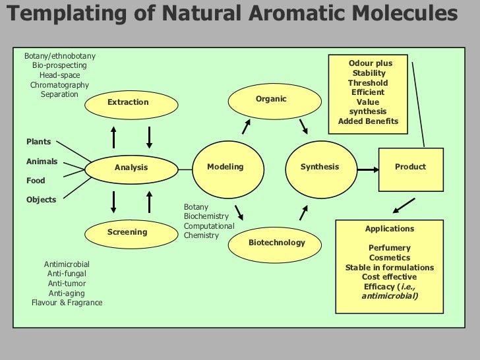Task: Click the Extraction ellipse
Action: (x=129, y=102)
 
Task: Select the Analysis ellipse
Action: (x=131, y=167)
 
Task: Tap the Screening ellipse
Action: (x=127, y=232)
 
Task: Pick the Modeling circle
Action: (x=225, y=167)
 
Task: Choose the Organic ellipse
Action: (x=271, y=100)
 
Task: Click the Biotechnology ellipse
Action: (x=276, y=243)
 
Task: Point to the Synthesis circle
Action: (x=319, y=167)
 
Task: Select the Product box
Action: (x=410, y=167)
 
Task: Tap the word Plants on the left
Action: (x=38, y=142)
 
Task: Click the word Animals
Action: (x=42, y=162)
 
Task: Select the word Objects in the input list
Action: (x=41, y=200)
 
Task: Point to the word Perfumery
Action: (x=390, y=248)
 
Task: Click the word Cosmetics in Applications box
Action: (x=390, y=258)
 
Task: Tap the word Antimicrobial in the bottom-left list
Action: (x=67, y=264)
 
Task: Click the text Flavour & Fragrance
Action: (x=67, y=303)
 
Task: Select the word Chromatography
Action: (x=59, y=85)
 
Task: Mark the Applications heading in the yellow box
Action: (x=390, y=229)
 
